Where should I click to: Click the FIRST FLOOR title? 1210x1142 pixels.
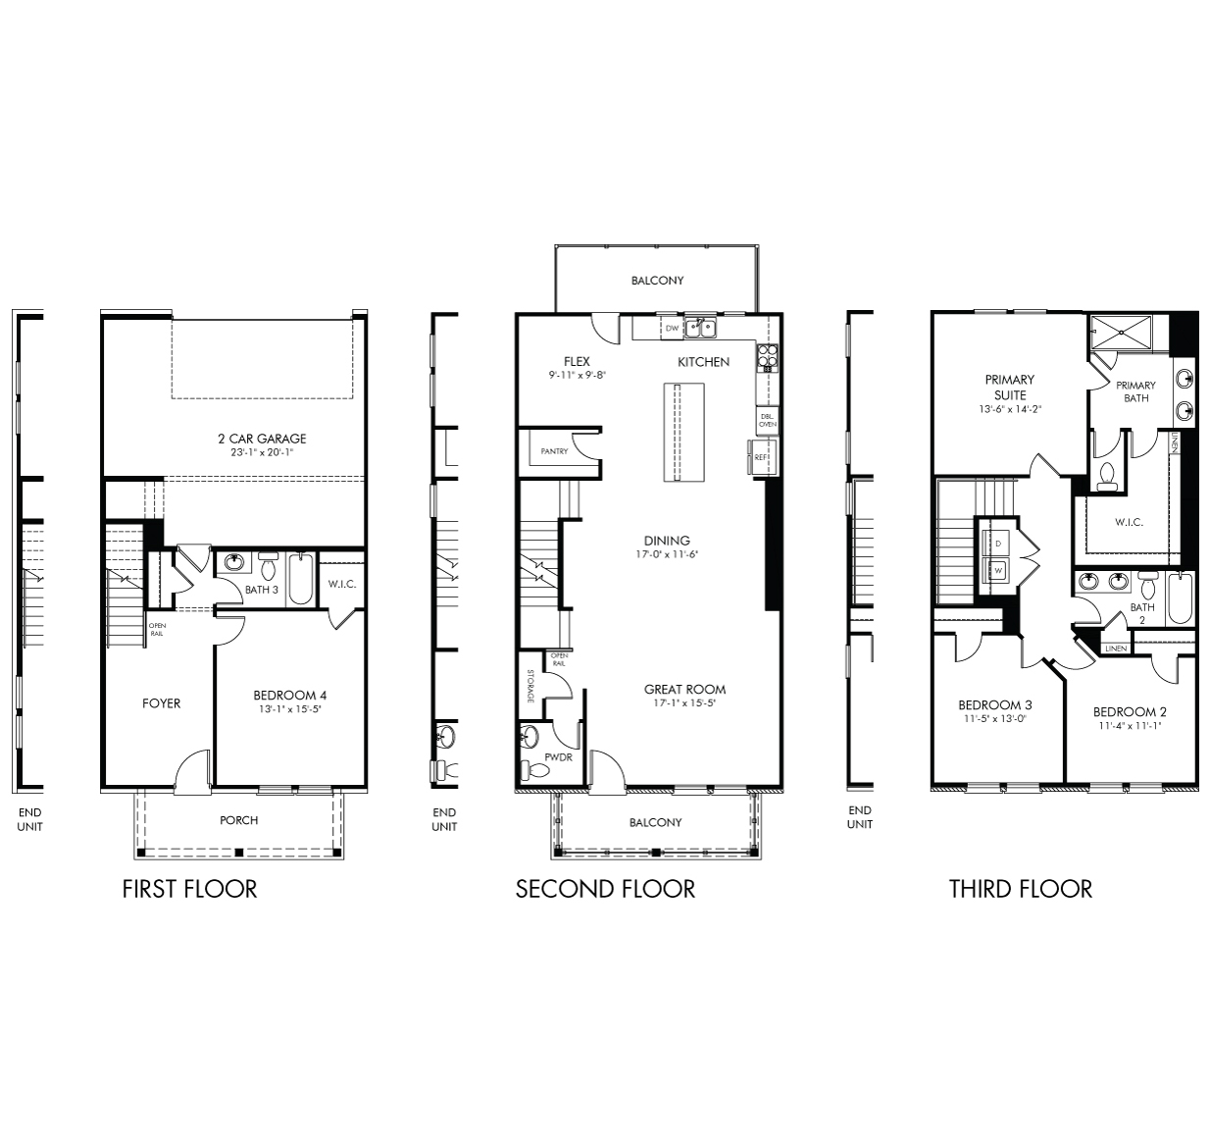(x=189, y=889)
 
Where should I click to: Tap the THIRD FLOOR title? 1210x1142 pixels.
(x=1021, y=889)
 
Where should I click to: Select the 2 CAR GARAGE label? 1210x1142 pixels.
(x=262, y=439)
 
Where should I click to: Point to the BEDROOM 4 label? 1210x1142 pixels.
(x=290, y=695)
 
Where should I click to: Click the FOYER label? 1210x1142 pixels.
(x=162, y=703)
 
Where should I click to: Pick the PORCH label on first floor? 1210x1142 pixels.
(x=239, y=820)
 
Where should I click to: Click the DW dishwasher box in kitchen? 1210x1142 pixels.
(x=672, y=328)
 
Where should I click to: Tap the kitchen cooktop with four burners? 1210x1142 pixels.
(x=767, y=358)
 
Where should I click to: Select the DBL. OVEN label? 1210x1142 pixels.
(x=767, y=421)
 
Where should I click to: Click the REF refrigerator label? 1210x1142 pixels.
(x=760, y=456)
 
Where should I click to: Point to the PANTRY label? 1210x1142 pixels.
(x=554, y=451)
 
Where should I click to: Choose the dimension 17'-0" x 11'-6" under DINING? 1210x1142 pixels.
(x=667, y=555)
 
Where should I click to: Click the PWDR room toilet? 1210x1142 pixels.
(x=538, y=770)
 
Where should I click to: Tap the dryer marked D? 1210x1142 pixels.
(x=997, y=543)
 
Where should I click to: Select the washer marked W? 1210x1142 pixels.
(x=997, y=570)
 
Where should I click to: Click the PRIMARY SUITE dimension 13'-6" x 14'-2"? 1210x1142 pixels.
(x=1010, y=410)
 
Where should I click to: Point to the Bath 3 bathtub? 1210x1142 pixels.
(x=301, y=579)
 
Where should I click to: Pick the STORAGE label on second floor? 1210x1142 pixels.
(x=530, y=686)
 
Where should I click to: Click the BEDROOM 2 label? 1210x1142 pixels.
(x=1130, y=711)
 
